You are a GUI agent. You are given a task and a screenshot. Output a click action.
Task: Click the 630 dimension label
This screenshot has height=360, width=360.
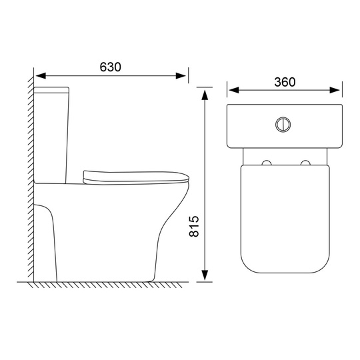pos(110,67)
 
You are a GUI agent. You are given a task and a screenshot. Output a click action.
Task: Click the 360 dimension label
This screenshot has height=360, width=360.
pos(285,82)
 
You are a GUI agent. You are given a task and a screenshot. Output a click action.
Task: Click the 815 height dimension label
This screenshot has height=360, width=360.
pos(194,226)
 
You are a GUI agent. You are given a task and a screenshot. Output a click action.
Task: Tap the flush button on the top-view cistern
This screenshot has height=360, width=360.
pos(283,125)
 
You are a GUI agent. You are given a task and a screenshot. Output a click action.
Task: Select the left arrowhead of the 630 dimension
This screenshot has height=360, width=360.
pos(41,76)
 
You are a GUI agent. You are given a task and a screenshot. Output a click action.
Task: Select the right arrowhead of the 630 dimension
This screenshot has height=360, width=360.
pos(181,76)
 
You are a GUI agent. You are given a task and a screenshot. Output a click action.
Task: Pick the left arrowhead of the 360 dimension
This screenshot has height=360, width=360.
pos(234,90)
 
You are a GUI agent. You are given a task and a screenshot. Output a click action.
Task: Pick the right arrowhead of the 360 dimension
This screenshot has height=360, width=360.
pos(335,90)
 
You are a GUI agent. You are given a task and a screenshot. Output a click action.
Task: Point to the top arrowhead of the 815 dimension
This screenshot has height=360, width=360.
pos(205,95)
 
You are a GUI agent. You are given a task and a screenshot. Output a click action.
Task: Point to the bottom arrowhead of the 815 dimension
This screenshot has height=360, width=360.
pos(205,275)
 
